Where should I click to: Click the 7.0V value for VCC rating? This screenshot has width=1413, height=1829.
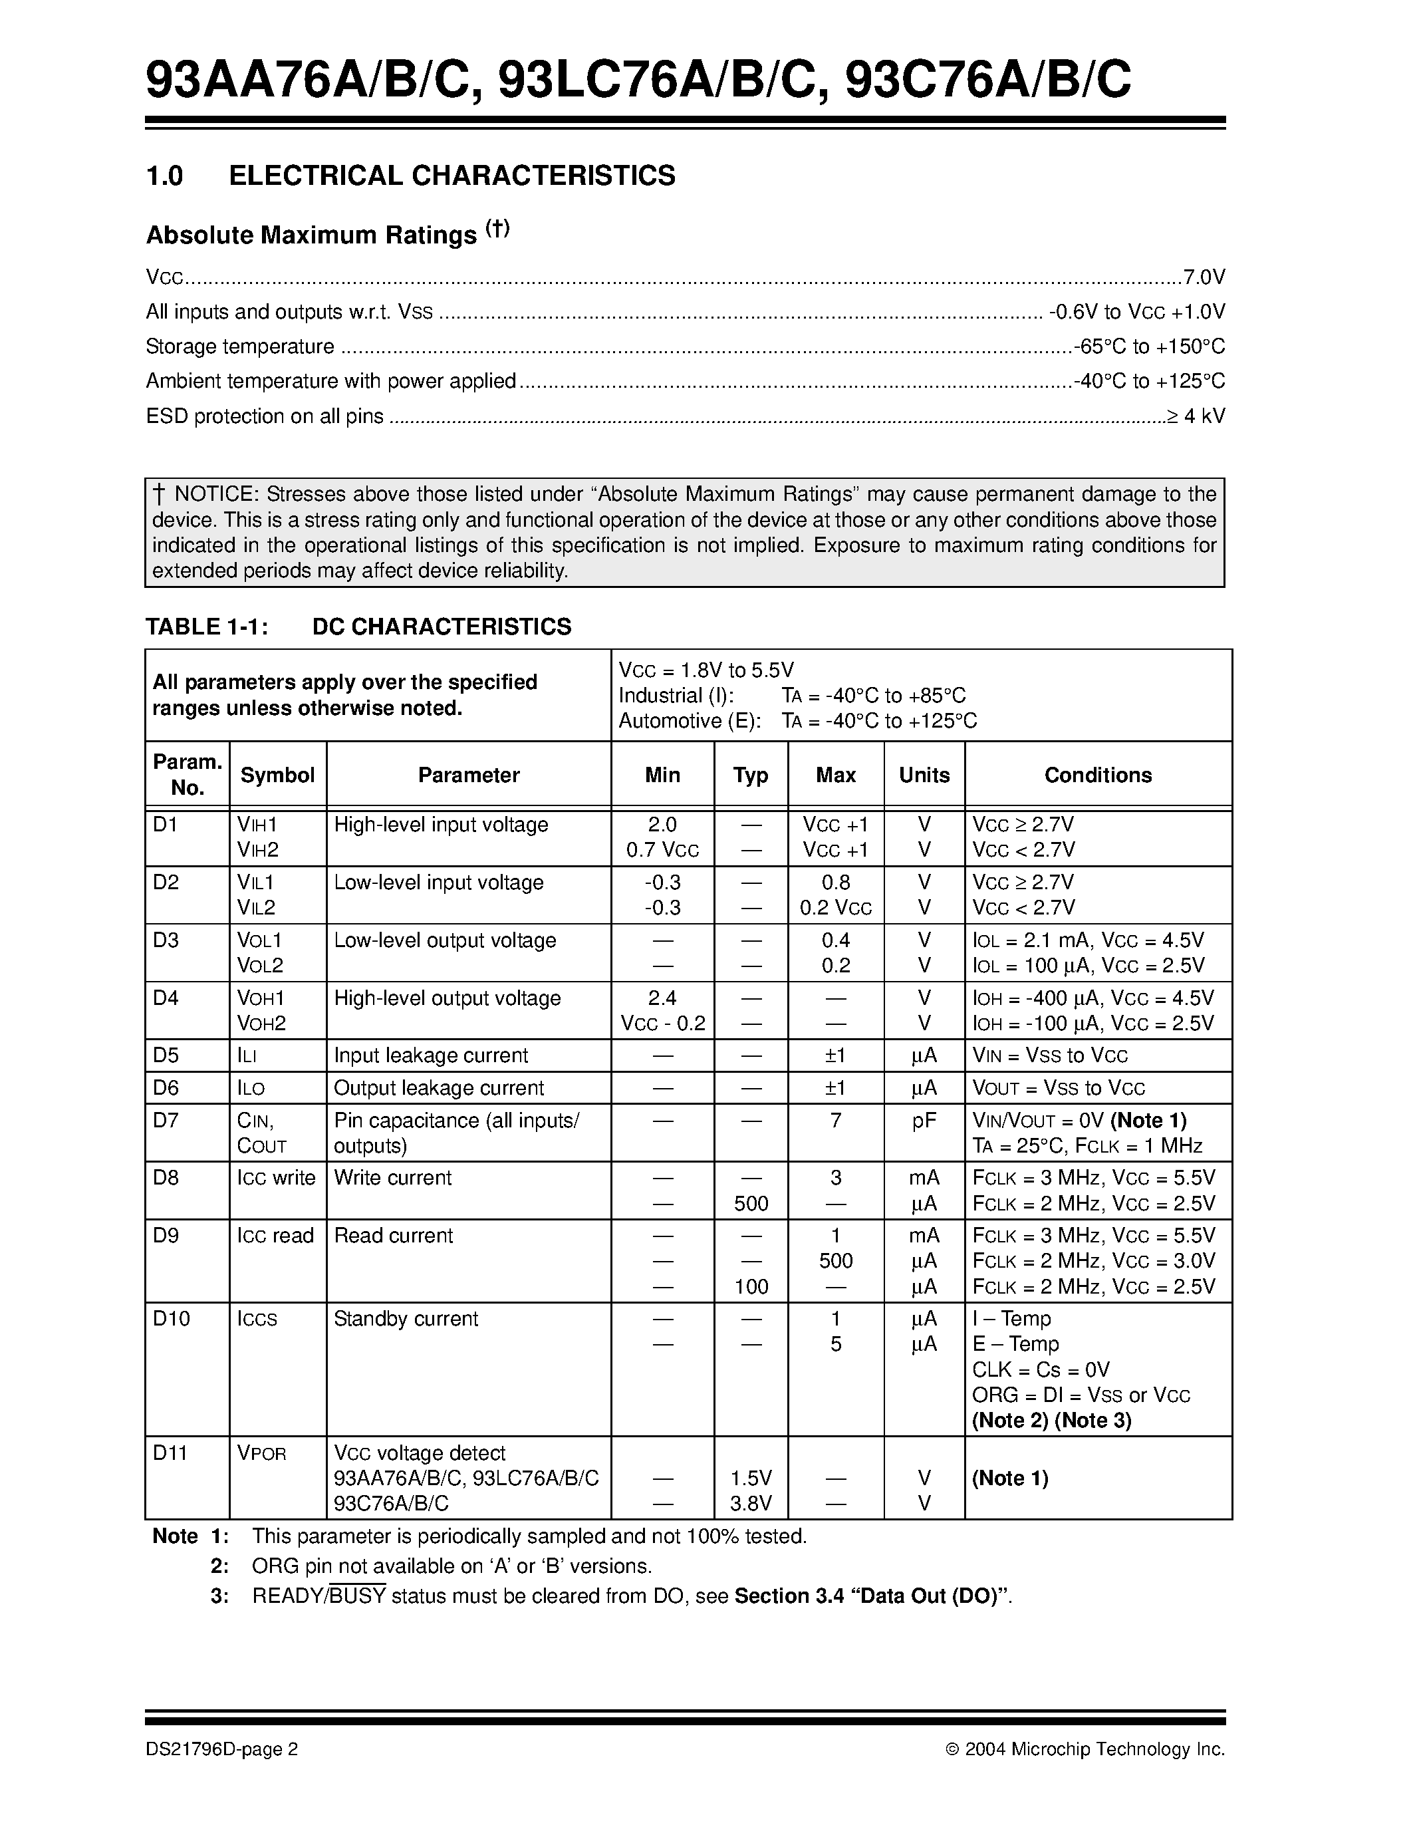(1204, 277)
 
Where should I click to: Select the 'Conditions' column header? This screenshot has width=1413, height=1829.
(1097, 775)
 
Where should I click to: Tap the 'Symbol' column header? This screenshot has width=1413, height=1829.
(277, 775)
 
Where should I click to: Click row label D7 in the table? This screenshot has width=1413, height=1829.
(166, 1121)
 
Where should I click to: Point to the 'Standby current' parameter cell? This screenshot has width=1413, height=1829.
(406, 1319)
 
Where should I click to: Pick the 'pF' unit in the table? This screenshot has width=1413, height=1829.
(924, 1121)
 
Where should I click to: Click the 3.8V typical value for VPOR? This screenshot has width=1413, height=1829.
(751, 1504)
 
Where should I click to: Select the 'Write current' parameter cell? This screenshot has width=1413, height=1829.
(392, 1179)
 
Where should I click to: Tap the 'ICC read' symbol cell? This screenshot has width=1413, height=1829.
(275, 1236)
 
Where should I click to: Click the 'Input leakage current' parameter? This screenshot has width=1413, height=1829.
(431, 1056)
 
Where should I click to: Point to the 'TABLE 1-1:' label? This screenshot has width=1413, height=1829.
(207, 627)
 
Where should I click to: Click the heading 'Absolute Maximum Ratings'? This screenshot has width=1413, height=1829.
(311, 235)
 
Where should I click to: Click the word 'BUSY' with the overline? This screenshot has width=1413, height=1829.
(358, 1596)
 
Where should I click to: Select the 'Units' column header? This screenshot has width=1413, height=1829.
(924, 775)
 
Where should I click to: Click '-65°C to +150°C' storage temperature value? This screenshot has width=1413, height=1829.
(1149, 347)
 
